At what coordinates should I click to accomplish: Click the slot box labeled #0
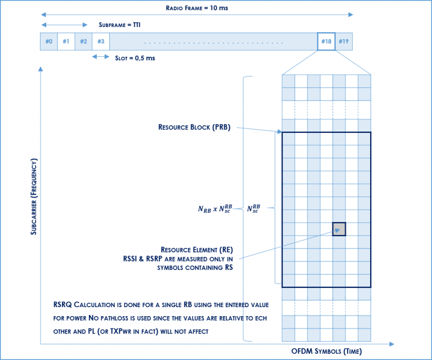click(49, 41)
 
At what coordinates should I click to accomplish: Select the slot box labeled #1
click(66, 41)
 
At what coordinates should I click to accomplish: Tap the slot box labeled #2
click(83, 41)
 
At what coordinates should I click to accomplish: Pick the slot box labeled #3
click(101, 41)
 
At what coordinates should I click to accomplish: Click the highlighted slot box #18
click(326, 41)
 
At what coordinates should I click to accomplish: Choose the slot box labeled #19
click(344, 41)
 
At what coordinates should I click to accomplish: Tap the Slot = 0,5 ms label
click(135, 57)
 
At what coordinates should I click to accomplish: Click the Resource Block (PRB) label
click(195, 128)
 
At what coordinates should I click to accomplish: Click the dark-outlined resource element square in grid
click(339, 229)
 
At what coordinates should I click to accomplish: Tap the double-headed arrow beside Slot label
click(102, 57)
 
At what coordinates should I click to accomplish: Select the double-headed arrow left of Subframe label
click(64, 25)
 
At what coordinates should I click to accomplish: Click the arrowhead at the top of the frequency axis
click(40, 69)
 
